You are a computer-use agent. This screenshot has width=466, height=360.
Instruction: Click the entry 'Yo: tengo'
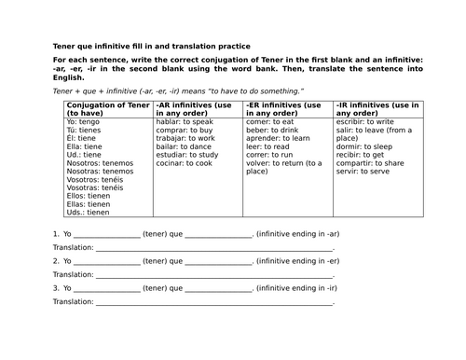(85, 122)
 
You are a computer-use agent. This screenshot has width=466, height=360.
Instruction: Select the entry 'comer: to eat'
(268, 122)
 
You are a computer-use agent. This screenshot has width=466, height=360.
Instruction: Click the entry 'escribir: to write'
(365, 122)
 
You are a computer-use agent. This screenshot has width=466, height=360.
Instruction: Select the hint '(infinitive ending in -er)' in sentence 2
(297, 261)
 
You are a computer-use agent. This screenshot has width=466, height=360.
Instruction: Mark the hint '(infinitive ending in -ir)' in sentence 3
(296, 288)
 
